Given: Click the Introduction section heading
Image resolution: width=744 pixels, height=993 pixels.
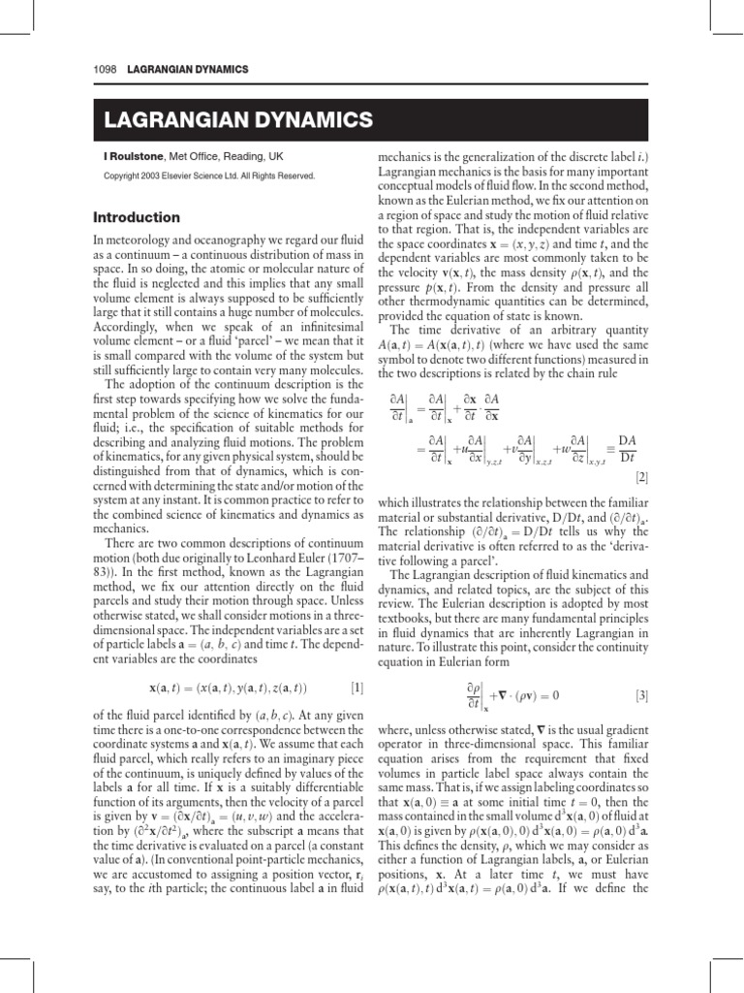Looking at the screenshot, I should (x=137, y=217).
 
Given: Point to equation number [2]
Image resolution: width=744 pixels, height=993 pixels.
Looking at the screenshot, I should (x=641, y=478).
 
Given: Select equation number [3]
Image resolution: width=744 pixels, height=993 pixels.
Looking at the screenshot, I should (x=641, y=695).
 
